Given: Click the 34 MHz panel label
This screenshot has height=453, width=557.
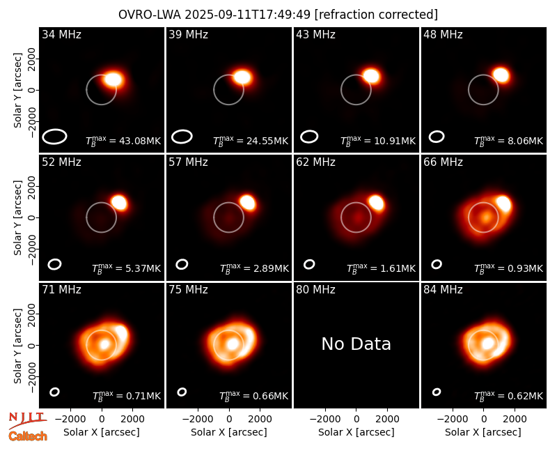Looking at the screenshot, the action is click(61, 34).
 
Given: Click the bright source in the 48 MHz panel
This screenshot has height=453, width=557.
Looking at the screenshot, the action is click(501, 75).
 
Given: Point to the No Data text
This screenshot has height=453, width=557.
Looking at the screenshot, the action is click(356, 344).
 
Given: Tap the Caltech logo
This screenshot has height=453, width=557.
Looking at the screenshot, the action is click(28, 436).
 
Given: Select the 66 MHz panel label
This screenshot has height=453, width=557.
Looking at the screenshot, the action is click(443, 162).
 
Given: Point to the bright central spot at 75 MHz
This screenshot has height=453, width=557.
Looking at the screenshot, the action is click(233, 344).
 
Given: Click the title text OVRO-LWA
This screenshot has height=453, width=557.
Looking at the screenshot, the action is click(150, 15).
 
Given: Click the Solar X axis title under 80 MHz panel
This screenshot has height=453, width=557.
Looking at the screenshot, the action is click(356, 432).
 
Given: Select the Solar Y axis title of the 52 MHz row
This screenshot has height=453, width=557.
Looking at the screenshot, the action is click(17, 217).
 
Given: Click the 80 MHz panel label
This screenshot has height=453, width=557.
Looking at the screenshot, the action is click(315, 290).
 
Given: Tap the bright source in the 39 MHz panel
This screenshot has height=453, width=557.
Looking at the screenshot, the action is click(242, 77).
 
